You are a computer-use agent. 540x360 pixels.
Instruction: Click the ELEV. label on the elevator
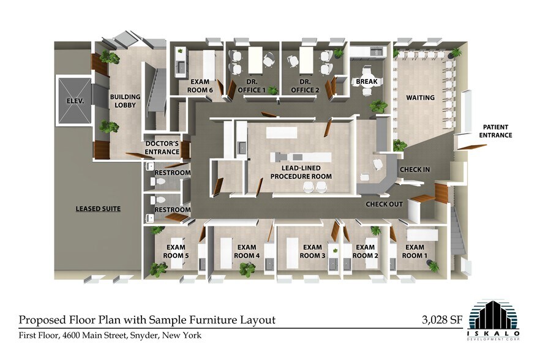75,101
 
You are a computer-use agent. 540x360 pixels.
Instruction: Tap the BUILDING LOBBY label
125,101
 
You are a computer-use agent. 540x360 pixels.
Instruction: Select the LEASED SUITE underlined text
98,209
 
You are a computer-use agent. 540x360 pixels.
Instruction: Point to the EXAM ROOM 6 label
200,86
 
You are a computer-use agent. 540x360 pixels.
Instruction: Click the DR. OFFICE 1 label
252,86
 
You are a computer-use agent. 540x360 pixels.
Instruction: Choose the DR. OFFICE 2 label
305,86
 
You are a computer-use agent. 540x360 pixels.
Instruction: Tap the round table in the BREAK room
366,82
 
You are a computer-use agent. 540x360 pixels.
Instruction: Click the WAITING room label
420,97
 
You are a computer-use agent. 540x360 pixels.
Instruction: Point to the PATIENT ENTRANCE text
495,131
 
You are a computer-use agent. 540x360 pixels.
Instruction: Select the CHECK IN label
414,170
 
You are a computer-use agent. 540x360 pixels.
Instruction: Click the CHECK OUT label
384,204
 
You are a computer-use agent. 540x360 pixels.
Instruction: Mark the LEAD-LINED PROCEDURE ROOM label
301,172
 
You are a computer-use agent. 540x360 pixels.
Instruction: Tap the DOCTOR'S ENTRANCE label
162,148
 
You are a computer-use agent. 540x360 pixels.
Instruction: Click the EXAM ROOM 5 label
176,252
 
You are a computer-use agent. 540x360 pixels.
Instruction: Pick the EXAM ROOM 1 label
414,252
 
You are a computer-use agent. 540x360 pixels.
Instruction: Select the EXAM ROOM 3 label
312,252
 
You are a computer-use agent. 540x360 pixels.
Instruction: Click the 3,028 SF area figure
442,320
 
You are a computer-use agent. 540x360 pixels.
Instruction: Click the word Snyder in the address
144,335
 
